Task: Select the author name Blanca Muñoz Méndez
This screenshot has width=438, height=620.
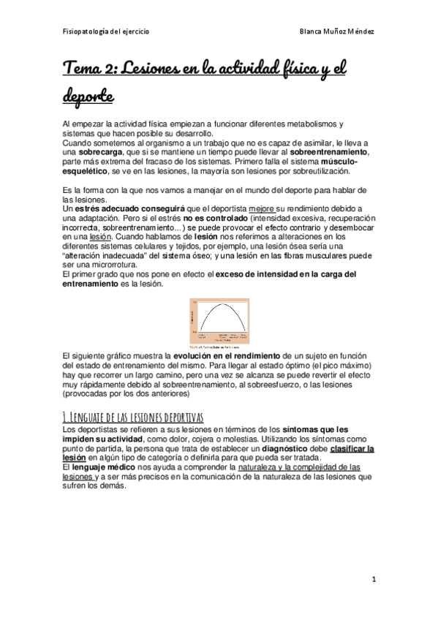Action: pos(338,32)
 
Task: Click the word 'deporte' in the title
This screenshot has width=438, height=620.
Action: pos(88,97)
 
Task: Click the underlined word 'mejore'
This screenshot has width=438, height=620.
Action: pos(262,208)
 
